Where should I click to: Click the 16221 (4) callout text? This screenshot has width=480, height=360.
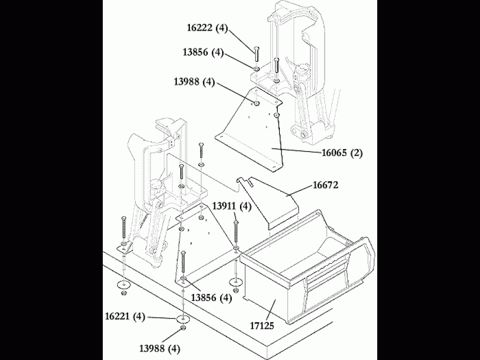[x=125, y=317]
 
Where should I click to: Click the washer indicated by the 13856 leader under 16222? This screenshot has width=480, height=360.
[x=256, y=69]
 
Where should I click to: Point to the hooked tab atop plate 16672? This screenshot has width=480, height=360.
[x=242, y=183]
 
